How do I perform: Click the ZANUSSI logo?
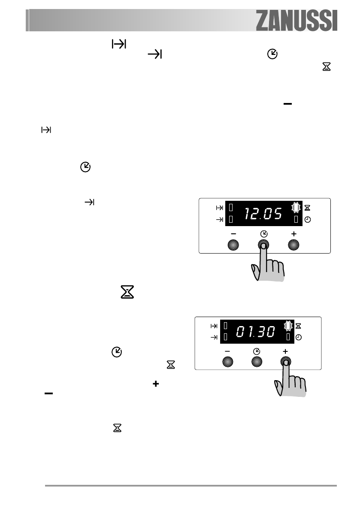coord(296,20)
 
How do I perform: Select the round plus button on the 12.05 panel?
coord(293,245)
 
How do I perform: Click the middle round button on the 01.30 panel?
coord(256,362)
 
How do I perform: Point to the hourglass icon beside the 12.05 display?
coord(308,208)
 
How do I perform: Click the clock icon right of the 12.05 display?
coord(308,220)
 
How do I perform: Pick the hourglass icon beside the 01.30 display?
coord(299,326)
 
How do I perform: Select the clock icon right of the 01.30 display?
coord(299,338)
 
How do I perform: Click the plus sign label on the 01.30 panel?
coord(285,351)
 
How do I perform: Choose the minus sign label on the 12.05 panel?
coord(233,234)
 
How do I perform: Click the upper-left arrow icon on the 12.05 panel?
coord(219,208)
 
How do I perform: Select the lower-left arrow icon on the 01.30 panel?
coord(213,338)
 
